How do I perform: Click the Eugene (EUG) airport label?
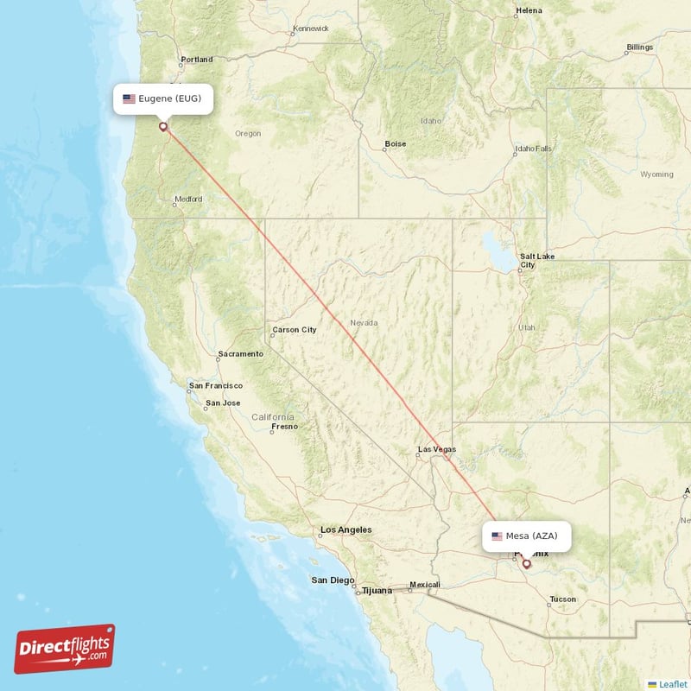click(162, 98)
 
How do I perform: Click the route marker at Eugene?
click(162, 127)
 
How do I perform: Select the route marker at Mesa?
click(526, 564)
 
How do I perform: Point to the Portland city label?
click(196, 60)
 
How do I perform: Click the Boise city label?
click(396, 144)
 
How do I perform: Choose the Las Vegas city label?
click(436, 449)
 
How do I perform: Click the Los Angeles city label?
click(345, 529)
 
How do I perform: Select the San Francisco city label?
click(216, 385)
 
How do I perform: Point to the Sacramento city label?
click(240, 354)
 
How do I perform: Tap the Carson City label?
click(294, 329)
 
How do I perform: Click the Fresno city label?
click(284, 426)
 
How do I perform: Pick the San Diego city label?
click(332, 580)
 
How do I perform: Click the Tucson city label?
click(562, 599)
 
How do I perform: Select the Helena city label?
click(529, 10)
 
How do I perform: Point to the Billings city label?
click(640, 47)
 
